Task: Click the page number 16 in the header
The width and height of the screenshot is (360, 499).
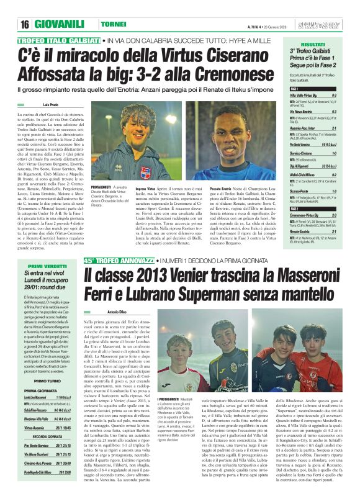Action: pos(25,24)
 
